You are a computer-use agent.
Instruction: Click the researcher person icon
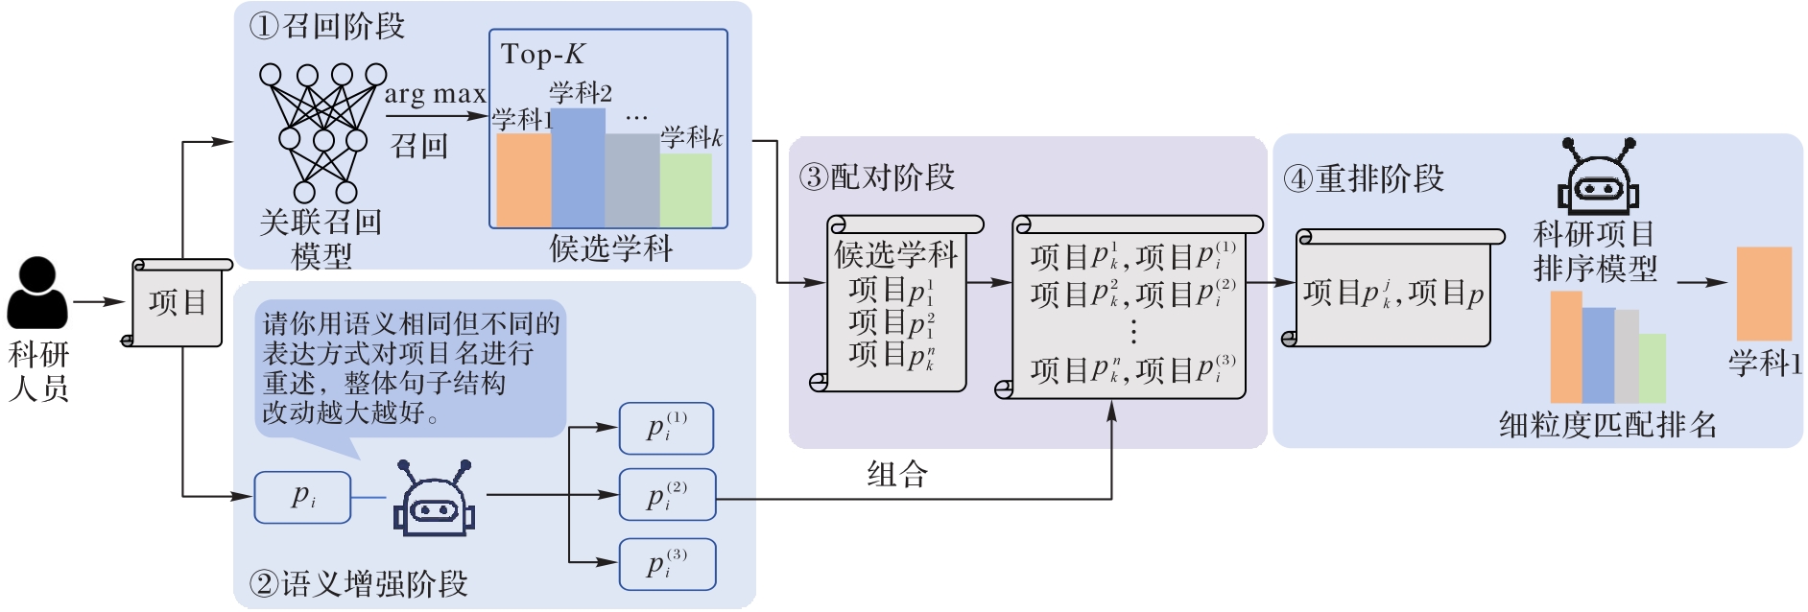click(37, 293)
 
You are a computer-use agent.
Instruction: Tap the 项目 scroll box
click(178, 303)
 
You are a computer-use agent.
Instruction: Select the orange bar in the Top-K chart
click(523, 179)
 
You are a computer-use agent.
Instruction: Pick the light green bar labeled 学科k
click(686, 190)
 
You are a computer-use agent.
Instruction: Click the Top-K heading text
click(542, 55)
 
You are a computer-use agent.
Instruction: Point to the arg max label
click(435, 94)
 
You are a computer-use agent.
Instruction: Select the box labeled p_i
click(302, 497)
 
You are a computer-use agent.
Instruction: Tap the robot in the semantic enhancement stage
click(434, 498)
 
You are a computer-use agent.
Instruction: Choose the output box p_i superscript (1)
click(666, 428)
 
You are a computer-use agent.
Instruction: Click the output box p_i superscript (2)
click(667, 495)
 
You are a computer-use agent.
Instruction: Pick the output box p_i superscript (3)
click(667, 564)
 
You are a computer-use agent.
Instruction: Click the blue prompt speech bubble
click(411, 368)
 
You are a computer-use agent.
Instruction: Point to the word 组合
click(897, 474)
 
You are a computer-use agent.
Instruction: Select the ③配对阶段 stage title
click(877, 177)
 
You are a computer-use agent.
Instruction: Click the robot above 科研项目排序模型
click(1598, 177)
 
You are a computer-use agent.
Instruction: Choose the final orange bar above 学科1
click(1764, 294)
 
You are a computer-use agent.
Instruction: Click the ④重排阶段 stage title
click(1364, 178)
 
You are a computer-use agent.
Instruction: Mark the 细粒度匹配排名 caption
click(1608, 425)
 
